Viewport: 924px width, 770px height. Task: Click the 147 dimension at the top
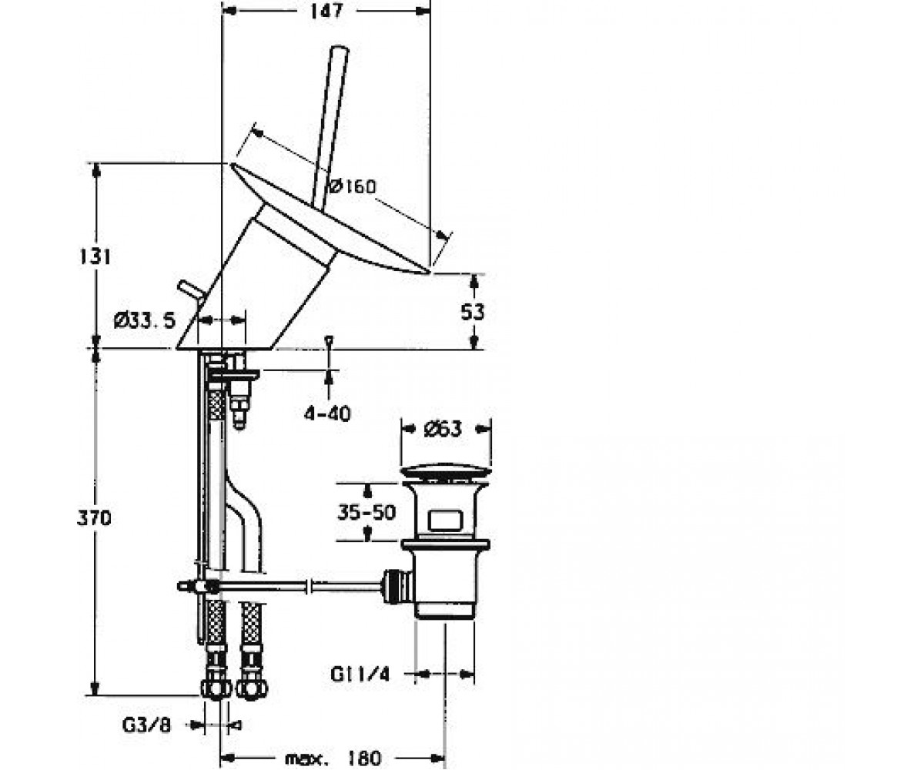(x=326, y=11)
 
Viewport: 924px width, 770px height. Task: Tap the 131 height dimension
(x=95, y=256)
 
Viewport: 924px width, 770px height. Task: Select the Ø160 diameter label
(x=353, y=186)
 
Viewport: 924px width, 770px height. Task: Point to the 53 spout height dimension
(x=472, y=313)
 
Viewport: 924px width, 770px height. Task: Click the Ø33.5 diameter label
(x=145, y=320)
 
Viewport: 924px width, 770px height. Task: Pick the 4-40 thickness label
(x=327, y=414)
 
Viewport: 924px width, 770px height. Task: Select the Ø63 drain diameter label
(x=443, y=429)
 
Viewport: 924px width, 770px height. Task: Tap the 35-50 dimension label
(x=367, y=513)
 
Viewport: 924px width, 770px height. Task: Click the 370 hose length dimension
(x=94, y=517)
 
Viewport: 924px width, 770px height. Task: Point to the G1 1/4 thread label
(x=360, y=675)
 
